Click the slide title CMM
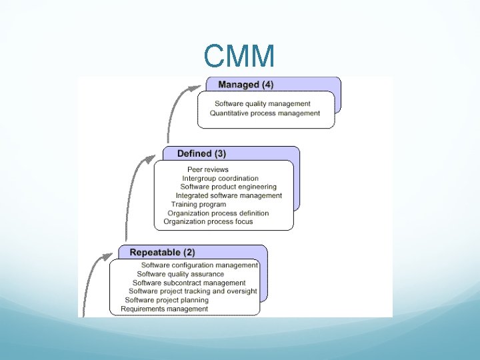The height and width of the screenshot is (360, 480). pyautogui.click(x=239, y=57)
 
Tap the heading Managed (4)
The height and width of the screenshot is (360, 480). pyautogui.click(x=245, y=85)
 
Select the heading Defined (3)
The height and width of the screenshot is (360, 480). pyautogui.click(x=201, y=154)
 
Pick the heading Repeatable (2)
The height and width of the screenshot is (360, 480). pyautogui.click(x=162, y=253)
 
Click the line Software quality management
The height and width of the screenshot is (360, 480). pyautogui.click(x=263, y=103)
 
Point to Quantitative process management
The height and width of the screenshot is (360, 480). pyautogui.click(x=265, y=113)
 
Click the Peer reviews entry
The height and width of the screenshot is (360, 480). pyautogui.click(x=208, y=169)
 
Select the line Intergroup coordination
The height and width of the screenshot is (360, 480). pyautogui.click(x=220, y=178)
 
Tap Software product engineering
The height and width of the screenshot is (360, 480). pyautogui.click(x=228, y=187)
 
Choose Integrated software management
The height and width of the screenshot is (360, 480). pyautogui.click(x=229, y=195)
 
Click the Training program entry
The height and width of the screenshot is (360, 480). pyautogui.click(x=199, y=204)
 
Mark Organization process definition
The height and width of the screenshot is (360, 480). pyautogui.click(x=218, y=213)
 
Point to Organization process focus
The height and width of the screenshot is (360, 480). pyautogui.click(x=208, y=221)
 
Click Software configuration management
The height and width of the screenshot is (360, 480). pyautogui.click(x=199, y=265)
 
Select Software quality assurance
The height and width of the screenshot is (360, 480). pyautogui.click(x=180, y=274)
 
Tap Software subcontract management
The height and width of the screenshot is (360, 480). pyautogui.click(x=189, y=283)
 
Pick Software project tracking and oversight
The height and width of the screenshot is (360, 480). pyautogui.click(x=193, y=291)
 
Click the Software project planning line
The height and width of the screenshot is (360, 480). pyautogui.click(x=167, y=300)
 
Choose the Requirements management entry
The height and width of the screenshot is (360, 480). pyautogui.click(x=165, y=309)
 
